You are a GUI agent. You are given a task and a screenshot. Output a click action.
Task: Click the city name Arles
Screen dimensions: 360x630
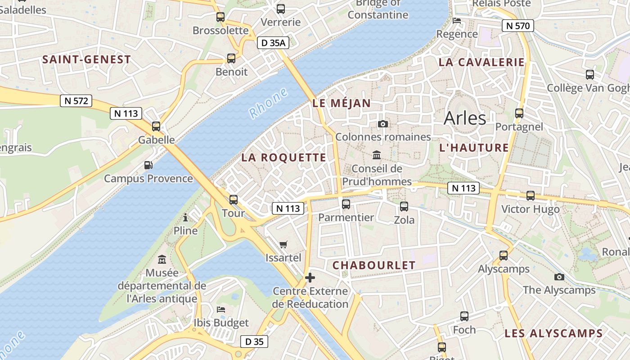(x=465, y=118)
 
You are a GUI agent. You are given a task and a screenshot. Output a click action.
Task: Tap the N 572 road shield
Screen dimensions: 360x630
(x=76, y=101)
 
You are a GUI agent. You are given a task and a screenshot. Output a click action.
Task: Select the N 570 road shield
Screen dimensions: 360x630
(x=518, y=26)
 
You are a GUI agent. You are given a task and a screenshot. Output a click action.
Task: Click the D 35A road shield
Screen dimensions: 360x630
(x=273, y=43)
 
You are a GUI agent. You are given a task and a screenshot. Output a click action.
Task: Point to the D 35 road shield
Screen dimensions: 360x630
(x=254, y=342)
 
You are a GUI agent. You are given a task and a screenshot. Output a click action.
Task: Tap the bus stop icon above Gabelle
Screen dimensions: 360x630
(x=156, y=126)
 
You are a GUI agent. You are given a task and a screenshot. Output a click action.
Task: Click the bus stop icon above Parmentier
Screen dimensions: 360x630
(x=346, y=204)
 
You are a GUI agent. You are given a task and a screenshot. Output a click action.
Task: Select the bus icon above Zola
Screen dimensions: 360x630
(x=404, y=207)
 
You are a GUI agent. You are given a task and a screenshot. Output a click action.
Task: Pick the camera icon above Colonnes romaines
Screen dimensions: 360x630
(x=383, y=124)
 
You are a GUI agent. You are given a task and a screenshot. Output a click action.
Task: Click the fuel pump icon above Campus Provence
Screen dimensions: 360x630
(x=148, y=165)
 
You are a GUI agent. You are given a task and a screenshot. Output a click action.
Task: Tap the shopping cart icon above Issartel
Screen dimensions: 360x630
(x=283, y=245)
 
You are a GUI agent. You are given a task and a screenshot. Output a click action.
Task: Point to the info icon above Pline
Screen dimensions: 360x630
(x=185, y=218)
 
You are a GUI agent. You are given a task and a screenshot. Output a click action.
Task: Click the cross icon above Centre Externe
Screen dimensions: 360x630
(x=310, y=278)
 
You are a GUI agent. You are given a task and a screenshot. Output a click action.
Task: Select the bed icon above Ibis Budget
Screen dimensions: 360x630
(x=221, y=310)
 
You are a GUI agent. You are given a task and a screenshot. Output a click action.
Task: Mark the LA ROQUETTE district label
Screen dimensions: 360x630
(x=283, y=157)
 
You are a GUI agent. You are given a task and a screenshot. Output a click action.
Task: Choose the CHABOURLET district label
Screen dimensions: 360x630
(x=374, y=265)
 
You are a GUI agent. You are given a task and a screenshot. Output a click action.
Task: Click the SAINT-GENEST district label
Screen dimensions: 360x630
(x=86, y=59)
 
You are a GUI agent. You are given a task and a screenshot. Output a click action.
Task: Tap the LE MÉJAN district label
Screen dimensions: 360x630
(x=342, y=103)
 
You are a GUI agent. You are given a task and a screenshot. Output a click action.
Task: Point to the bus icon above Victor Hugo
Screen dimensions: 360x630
(x=531, y=196)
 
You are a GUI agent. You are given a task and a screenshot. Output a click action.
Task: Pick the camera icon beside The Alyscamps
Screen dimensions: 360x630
(x=559, y=277)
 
